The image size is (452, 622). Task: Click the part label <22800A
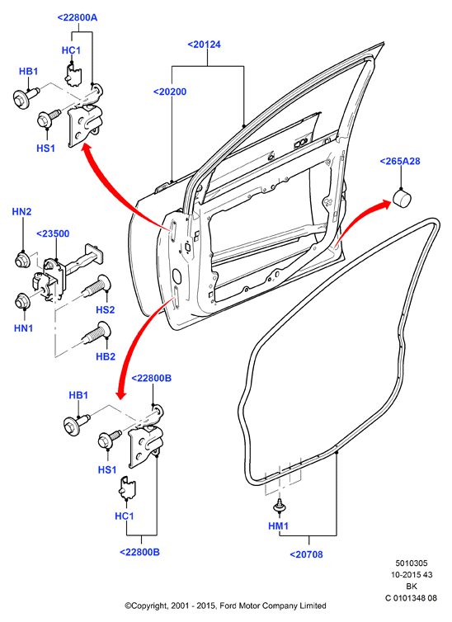pyautogui.click(x=77, y=17)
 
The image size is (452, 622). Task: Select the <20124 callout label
pyautogui.click(x=204, y=44)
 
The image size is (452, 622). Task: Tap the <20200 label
pyautogui.click(x=170, y=92)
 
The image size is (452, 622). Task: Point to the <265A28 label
pyautogui.click(x=400, y=161)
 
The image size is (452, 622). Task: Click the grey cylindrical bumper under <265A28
pyautogui.click(x=402, y=198)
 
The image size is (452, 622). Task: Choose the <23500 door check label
pyautogui.click(x=53, y=233)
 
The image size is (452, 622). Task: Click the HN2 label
pyautogui.click(x=21, y=211)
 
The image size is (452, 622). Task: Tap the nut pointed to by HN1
pyautogui.click(x=21, y=301)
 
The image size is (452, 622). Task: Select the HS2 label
pyautogui.click(x=105, y=309)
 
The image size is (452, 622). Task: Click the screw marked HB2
pyautogui.click(x=97, y=333)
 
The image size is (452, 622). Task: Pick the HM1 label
pyautogui.click(x=278, y=526)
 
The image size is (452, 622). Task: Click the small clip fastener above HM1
pyautogui.click(x=280, y=507)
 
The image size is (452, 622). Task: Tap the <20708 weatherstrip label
pyautogui.click(x=306, y=554)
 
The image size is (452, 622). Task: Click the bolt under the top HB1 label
pyautogui.click(x=26, y=97)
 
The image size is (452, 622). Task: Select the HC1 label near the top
pyautogui.click(x=71, y=50)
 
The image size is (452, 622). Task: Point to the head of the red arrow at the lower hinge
pyautogui.click(x=121, y=394)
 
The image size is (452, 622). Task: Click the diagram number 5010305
pyautogui.click(x=411, y=563)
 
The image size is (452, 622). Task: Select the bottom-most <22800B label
pyautogui.click(x=139, y=552)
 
